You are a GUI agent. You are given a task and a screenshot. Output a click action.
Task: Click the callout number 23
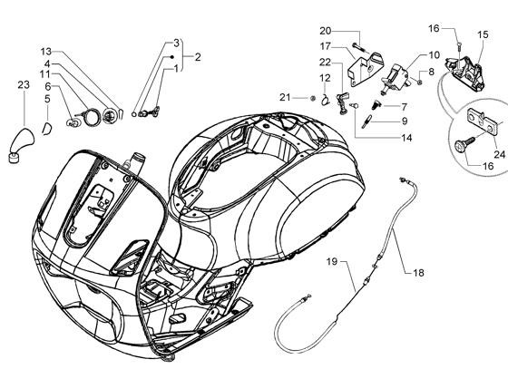[24, 85]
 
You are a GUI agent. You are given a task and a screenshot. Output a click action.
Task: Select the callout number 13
[46, 52]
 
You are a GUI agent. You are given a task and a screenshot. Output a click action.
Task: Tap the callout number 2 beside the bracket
[198, 57]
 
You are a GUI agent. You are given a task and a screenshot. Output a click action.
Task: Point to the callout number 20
[326, 31]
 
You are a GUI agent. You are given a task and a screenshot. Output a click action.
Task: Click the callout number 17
[326, 46]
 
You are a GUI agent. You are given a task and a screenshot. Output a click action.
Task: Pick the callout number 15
[483, 34]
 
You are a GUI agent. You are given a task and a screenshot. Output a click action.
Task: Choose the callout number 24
[499, 154]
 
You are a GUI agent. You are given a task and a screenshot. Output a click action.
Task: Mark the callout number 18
[418, 273]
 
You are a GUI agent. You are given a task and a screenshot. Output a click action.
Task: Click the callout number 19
[332, 261]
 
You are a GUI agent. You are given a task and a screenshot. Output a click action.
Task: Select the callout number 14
[406, 138]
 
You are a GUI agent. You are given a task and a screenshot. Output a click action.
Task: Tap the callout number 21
[285, 97]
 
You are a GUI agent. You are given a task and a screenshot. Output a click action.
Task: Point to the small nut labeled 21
[313, 98]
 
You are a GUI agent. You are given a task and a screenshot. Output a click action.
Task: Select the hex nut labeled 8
[419, 82]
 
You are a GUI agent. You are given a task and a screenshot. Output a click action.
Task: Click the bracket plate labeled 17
[365, 70]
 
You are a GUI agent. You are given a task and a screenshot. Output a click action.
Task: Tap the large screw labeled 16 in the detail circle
[464, 144]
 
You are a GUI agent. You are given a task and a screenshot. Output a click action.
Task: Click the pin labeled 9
[367, 121]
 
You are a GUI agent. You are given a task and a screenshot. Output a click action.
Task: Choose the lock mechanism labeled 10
[396, 79]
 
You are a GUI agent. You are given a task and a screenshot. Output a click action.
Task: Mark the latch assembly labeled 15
[464, 73]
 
